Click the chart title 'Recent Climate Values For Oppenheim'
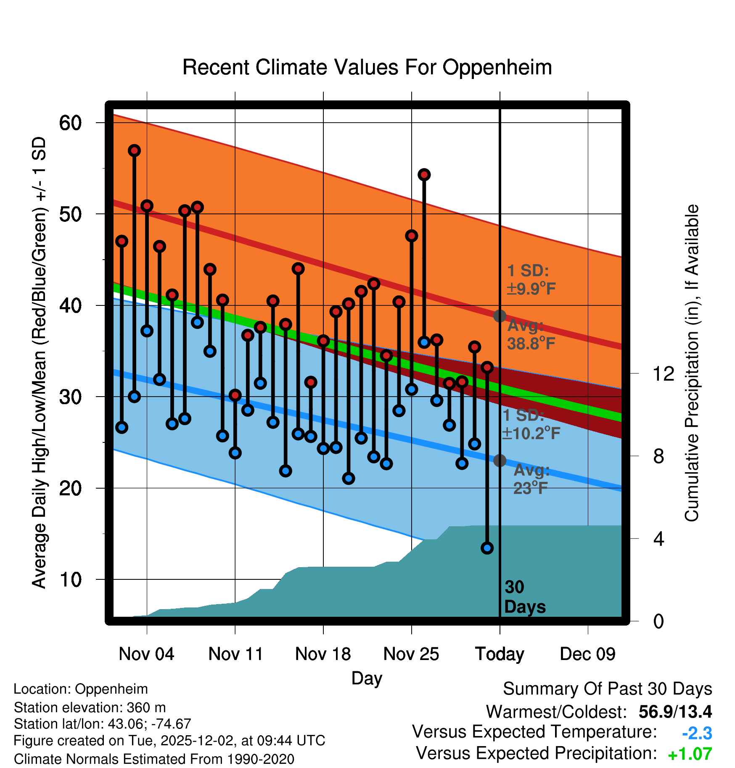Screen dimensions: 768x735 [367, 67]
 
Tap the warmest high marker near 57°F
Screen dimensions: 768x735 [134, 150]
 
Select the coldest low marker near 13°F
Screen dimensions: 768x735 [487, 548]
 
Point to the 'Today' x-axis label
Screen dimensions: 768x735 [500, 654]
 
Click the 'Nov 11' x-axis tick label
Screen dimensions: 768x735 [235, 654]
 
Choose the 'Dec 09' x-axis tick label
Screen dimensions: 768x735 [587, 654]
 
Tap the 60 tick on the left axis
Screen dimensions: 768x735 [70, 123]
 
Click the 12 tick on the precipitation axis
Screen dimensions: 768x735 [663, 373]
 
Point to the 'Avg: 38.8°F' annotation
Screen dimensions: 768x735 [531, 335]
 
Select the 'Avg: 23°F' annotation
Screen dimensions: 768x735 [531, 479]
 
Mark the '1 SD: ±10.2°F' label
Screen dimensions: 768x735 [531, 424]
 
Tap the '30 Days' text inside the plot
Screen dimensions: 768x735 [524, 597]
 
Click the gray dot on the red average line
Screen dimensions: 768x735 [500, 316]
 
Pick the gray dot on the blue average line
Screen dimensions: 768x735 [500, 460]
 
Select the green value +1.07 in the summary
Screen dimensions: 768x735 [690, 754]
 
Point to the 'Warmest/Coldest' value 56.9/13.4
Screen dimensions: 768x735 [675, 712]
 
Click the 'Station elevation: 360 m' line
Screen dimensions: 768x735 [90, 708]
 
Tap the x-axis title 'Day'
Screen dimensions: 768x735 [367, 679]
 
